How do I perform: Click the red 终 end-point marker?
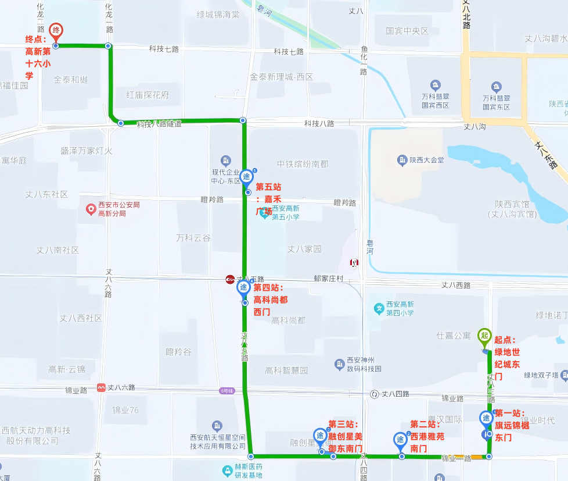pyautogui.click(x=56, y=30)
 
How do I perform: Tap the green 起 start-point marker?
pyautogui.click(x=484, y=336)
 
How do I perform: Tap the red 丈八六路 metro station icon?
pyautogui.click(x=102, y=387)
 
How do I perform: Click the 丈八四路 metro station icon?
pyautogui.click(x=375, y=394)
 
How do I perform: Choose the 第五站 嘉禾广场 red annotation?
pyautogui.click(x=268, y=198)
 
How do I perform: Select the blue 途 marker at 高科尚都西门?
pyautogui.click(x=244, y=288)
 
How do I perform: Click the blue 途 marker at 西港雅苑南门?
pyautogui.click(x=400, y=440)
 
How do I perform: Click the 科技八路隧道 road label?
pyautogui.click(x=159, y=124)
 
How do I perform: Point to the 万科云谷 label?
pyautogui.click(x=193, y=238)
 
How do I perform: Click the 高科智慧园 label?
pyautogui.click(x=286, y=370)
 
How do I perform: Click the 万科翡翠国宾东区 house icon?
pyautogui.click(x=496, y=87)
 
